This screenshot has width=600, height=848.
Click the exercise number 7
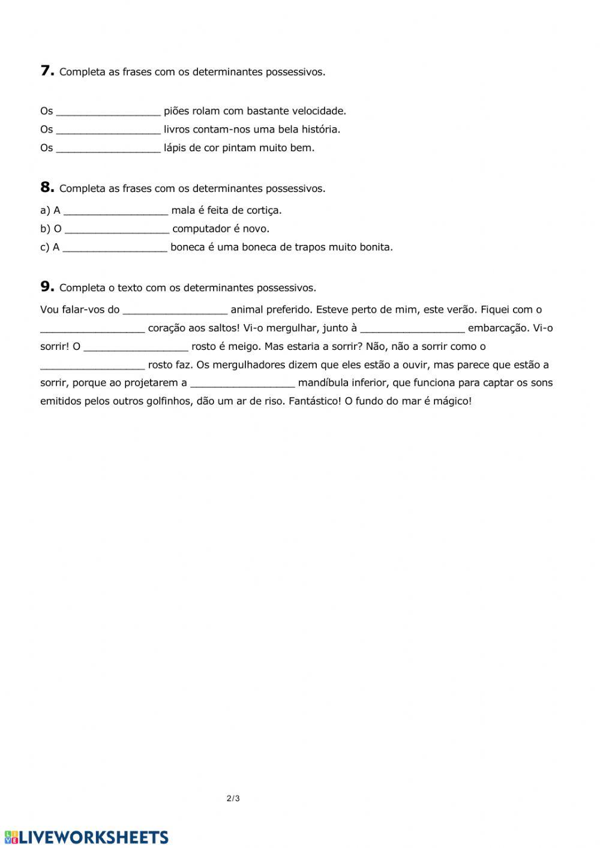47,71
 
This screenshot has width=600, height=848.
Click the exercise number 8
47,187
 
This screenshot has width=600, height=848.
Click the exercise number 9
47,287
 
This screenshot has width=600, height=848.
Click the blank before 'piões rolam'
109,111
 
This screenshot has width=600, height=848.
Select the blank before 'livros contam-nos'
109,130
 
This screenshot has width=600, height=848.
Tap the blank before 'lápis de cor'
109,148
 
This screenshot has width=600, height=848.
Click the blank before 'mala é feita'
116,211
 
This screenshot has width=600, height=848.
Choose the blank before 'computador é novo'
117,229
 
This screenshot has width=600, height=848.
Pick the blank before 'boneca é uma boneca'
115,247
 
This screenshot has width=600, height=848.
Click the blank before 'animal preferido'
175,310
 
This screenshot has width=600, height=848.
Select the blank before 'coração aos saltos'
92,328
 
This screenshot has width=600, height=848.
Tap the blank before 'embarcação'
412,328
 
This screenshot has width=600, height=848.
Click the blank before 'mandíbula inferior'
242,383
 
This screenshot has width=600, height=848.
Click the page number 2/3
233,798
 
